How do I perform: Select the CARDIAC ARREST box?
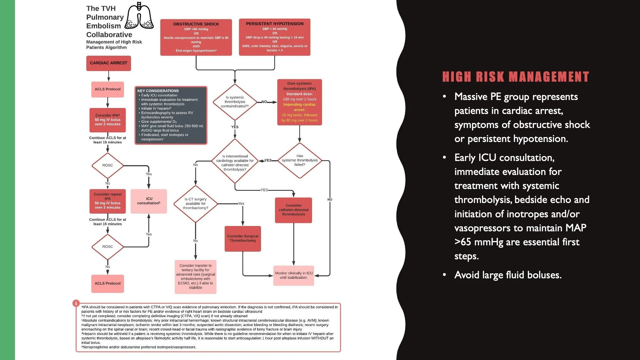pyautogui.click(x=108, y=63)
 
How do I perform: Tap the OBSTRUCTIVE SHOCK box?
pyautogui.click(x=196, y=37)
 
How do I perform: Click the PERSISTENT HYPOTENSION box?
pyautogui.click(x=275, y=37)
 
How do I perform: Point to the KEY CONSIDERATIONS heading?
pyautogui.click(x=158, y=91)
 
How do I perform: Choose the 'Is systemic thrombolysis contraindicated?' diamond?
pyautogui.click(x=235, y=102)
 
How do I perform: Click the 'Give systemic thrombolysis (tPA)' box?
pyautogui.click(x=299, y=102)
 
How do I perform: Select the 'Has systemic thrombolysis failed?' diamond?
pyautogui.click(x=299, y=160)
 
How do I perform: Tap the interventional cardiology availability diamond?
pyautogui.click(x=235, y=161)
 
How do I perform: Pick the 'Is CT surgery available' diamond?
pyautogui.click(x=195, y=204)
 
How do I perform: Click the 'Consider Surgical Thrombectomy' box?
pyautogui.click(x=243, y=238)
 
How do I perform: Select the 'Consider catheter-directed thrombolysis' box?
pyautogui.click(x=293, y=210)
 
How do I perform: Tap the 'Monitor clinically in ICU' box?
pyautogui.click(x=293, y=275)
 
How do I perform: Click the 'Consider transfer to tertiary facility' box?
pyautogui.click(x=195, y=277)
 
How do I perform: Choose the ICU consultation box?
pyautogui.click(x=149, y=201)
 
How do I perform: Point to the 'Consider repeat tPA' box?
pyautogui.click(x=107, y=201)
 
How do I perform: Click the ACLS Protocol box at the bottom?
pyautogui.click(x=107, y=283)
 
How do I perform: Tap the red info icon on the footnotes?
pyautogui.click(x=76, y=303)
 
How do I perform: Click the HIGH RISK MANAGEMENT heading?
pyautogui.click(x=515, y=77)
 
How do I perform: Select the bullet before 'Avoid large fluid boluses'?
pyautogui.click(x=444, y=275)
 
